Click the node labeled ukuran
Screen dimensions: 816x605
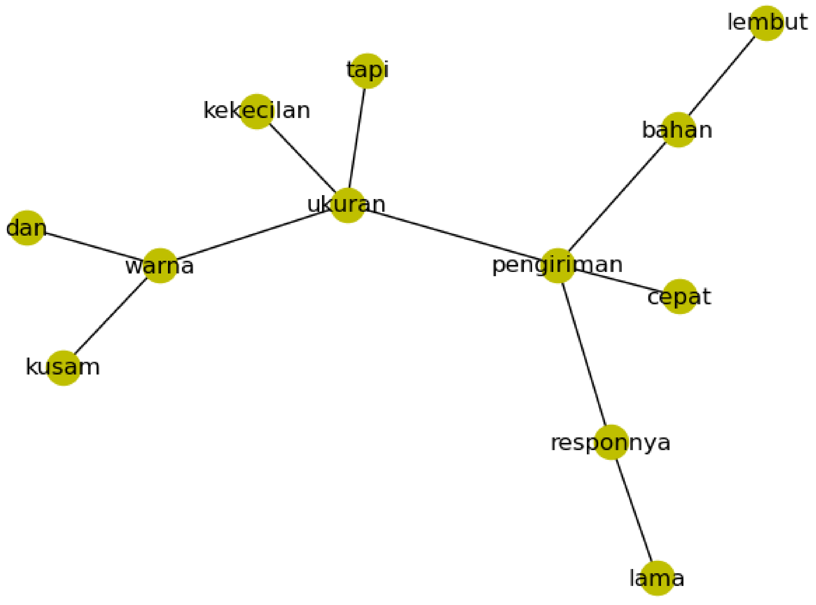tap(347, 205)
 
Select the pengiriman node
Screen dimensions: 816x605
tap(557, 266)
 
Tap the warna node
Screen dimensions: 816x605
tap(160, 266)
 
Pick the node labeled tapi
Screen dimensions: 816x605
tap(367, 71)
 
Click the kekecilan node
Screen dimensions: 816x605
tap(256, 111)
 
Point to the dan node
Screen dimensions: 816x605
tap(27, 228)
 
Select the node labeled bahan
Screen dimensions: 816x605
tap(678, 130)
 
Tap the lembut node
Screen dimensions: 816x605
tap(767, 23)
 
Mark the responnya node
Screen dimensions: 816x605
tap(611, 442)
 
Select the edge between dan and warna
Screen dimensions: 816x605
tap(94, 247)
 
